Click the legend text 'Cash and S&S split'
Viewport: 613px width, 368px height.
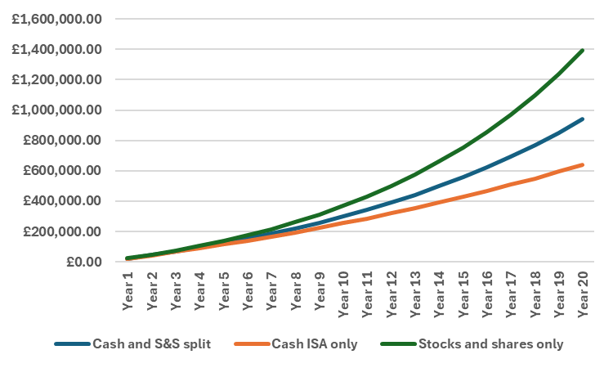click(152, 344)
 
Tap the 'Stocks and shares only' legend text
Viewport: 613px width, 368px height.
click(490, 344)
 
